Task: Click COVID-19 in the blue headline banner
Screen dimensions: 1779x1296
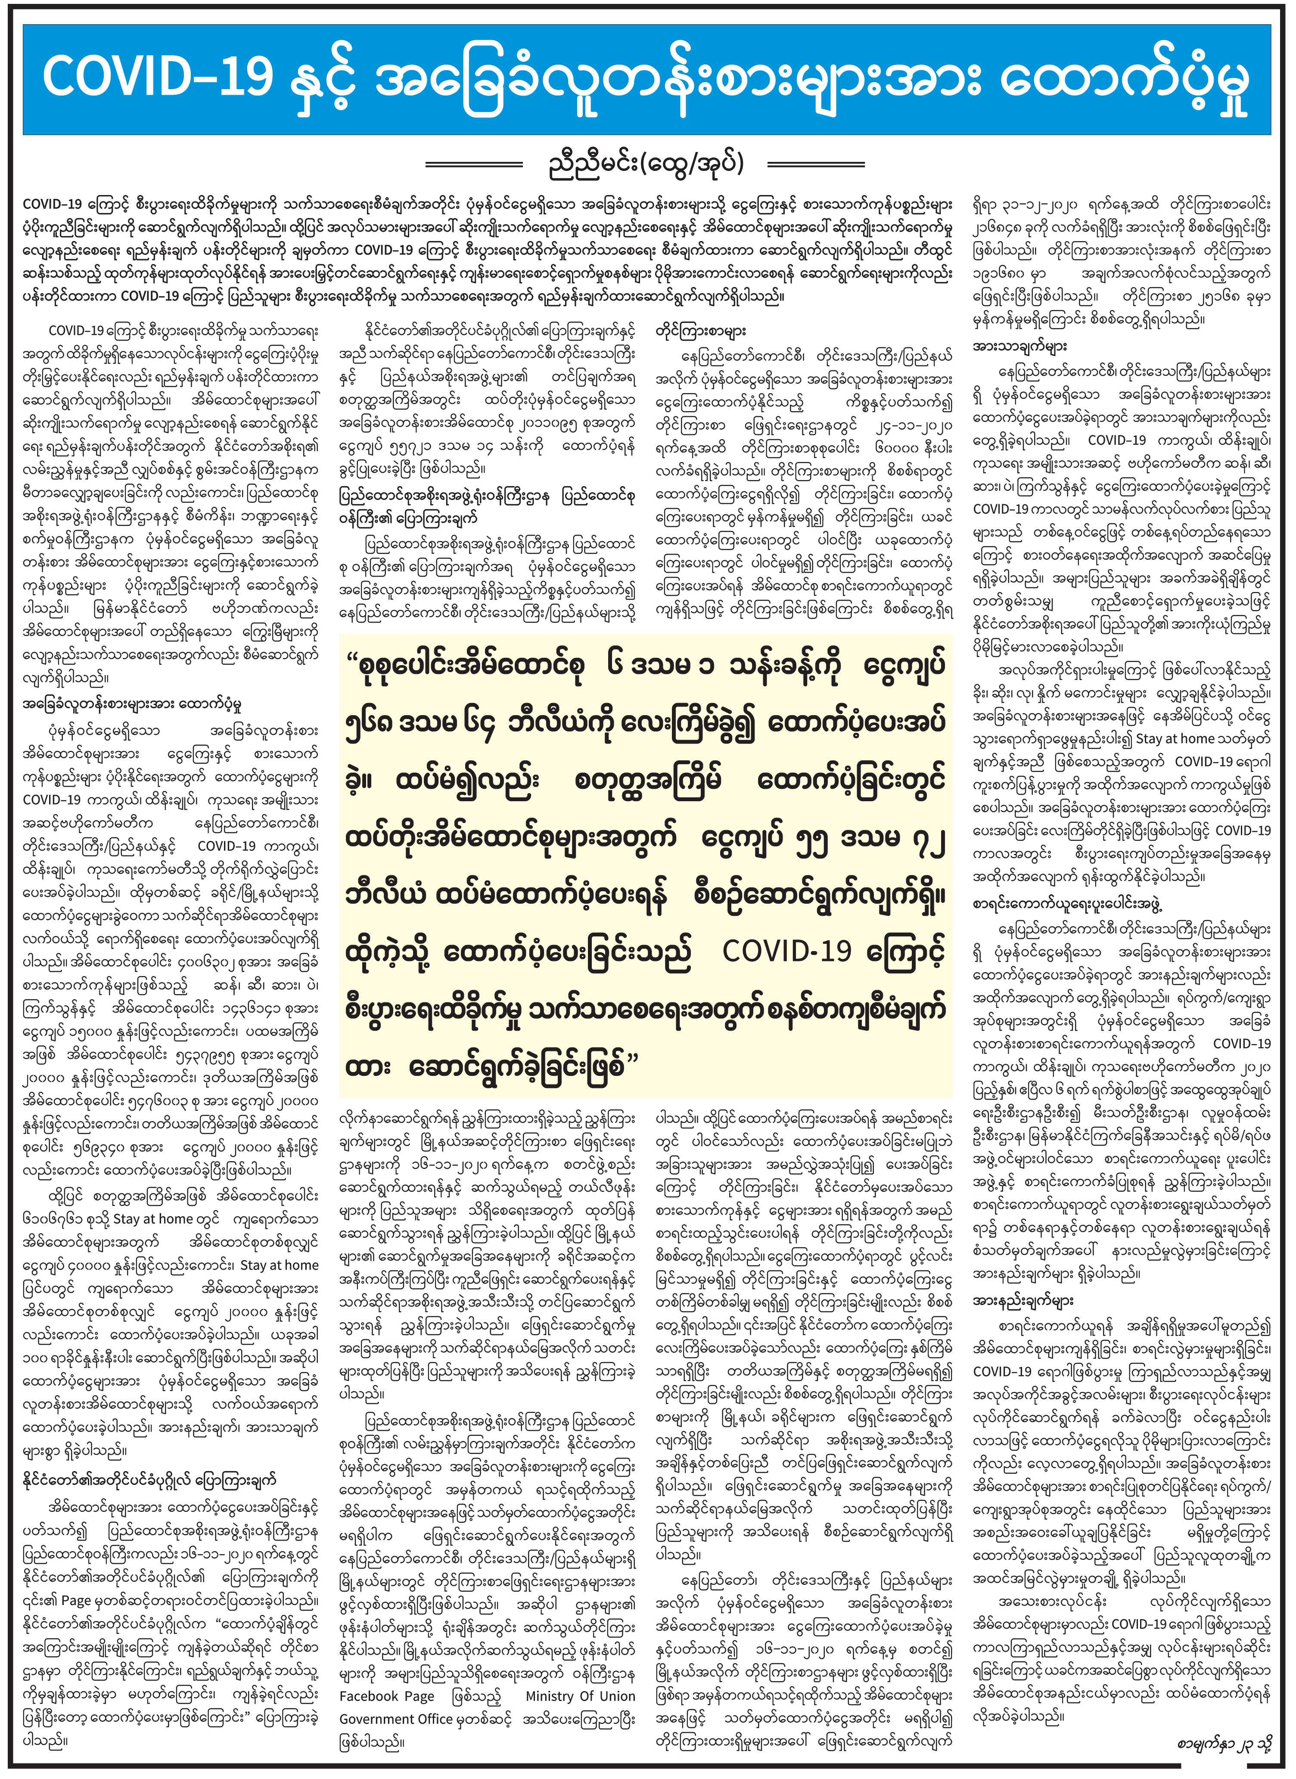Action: pyautogui.click(x=157, y=78)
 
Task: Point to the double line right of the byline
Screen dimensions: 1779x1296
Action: pyautogui.click(x=816, y=165)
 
